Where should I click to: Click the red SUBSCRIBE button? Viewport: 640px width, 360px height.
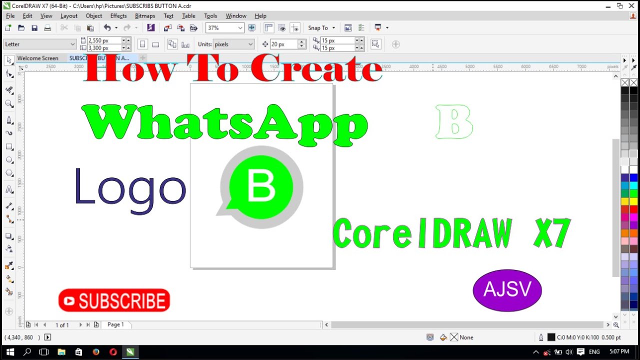(114, 300)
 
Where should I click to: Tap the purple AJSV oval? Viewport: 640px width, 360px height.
(507, 290)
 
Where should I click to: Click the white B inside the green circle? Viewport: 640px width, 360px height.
(261, 186)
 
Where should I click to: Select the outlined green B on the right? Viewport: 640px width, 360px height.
(454, 121)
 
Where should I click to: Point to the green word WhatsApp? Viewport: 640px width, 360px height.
(225, 124)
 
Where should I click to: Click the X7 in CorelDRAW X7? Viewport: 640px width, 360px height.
(551, 233)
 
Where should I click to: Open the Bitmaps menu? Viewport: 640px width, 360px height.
(145, 16)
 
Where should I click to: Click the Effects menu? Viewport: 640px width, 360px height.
(118, 16)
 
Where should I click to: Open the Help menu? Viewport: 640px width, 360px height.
(260, 16)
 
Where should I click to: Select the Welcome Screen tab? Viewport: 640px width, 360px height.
(38, 58)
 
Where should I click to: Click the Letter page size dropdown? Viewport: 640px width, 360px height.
(39, 44)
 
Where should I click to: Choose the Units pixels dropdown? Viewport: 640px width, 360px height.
(233, 44)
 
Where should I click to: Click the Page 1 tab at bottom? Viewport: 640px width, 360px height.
(115, 324)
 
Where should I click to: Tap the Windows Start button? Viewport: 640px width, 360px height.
(10, 352)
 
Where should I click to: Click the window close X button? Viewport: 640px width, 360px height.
(632, 5)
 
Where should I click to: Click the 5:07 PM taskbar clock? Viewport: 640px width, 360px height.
(619, 352)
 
